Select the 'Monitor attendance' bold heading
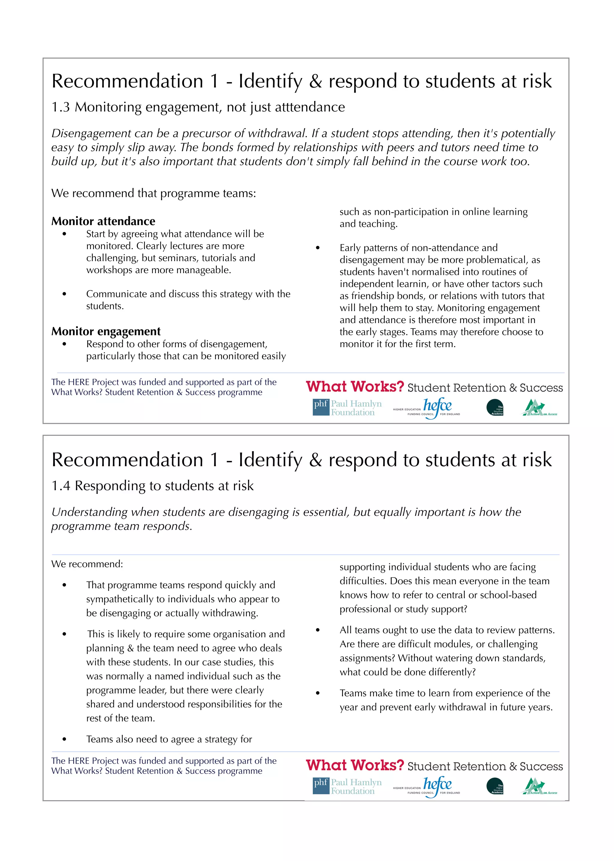103,221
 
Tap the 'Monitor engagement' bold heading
106,331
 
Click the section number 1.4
61,486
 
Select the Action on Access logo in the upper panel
540,408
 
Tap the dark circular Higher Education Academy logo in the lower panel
494,786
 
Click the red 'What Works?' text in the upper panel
355,387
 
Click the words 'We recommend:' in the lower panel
87,564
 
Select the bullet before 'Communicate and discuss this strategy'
65,294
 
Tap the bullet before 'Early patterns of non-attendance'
317,248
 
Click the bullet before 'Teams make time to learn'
317,693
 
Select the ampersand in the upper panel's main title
315,82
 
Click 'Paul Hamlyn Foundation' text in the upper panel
356,408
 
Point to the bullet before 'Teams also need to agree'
65,739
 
